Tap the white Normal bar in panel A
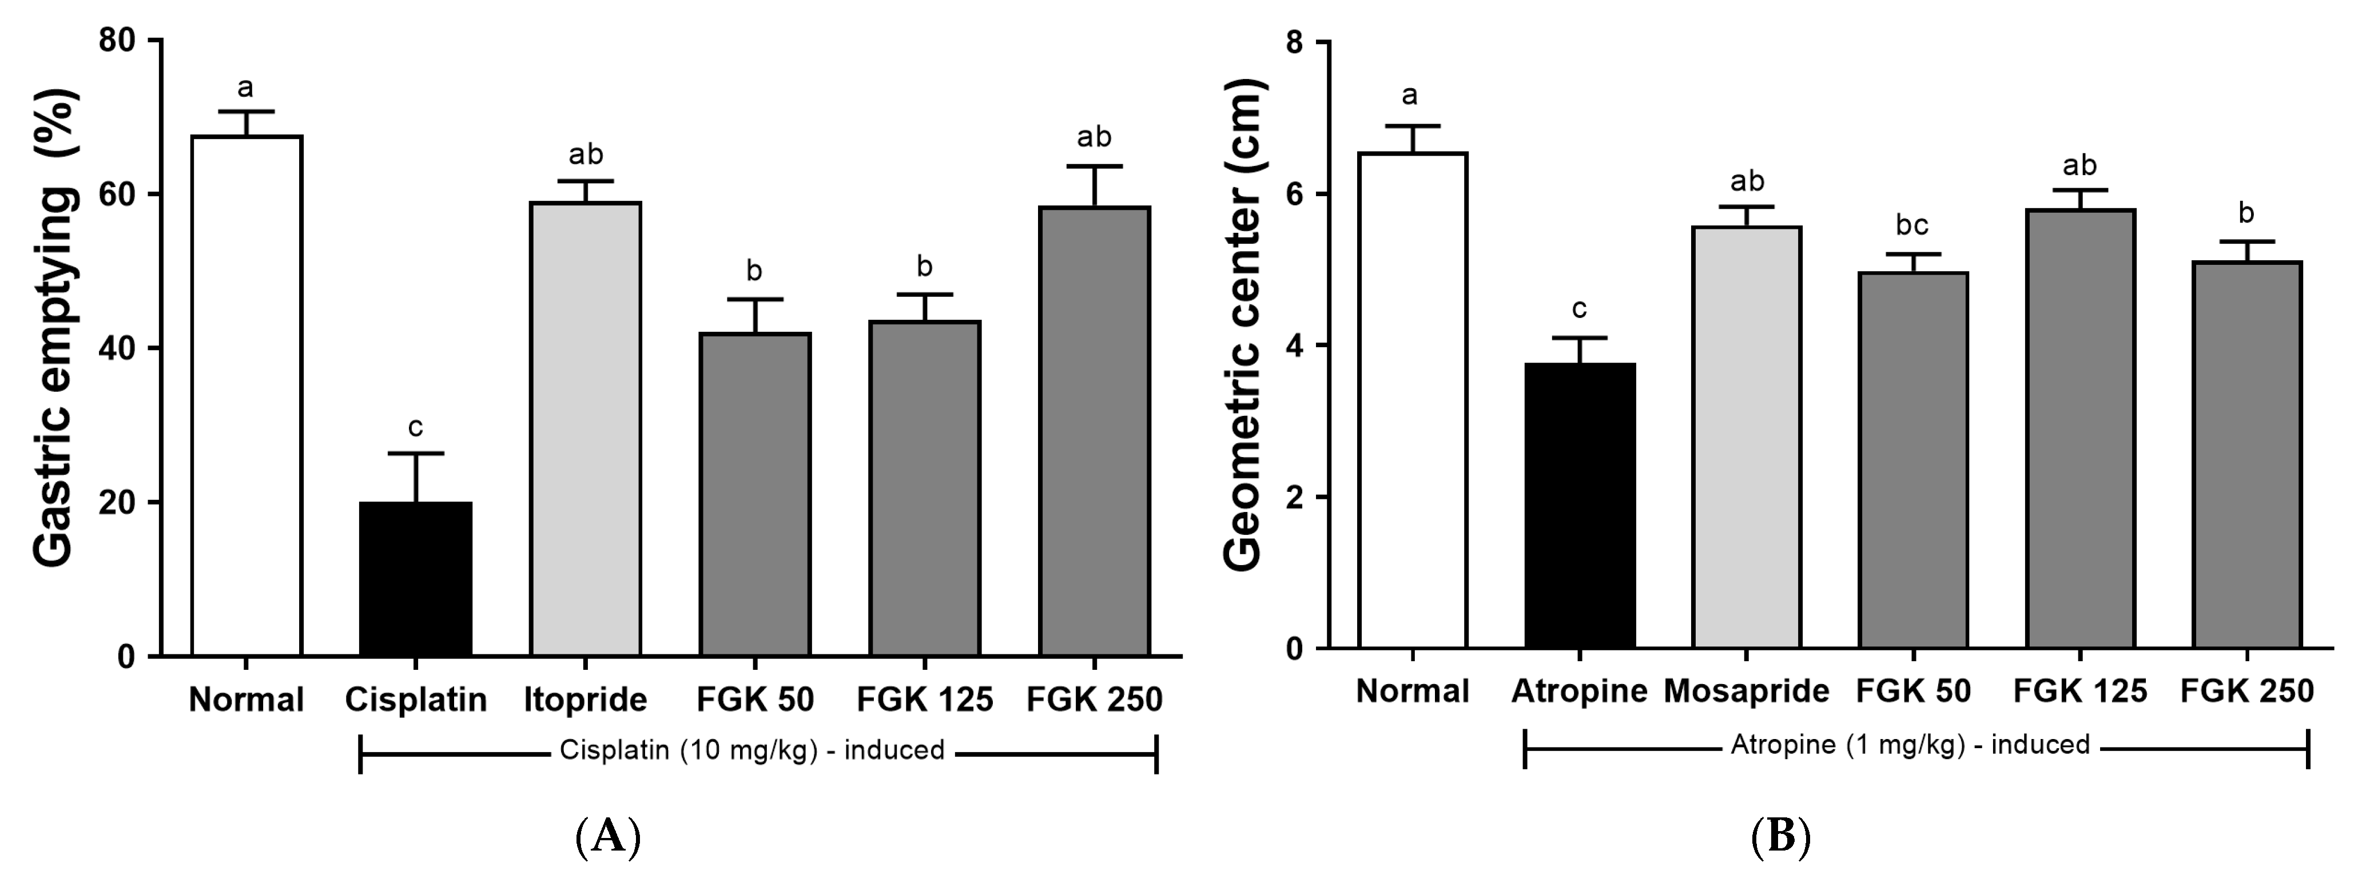(x=246, y=395)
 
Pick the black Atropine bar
(x=1579, y=506)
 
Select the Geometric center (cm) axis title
(x=1244, y=326)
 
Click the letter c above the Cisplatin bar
(x=415, y=427)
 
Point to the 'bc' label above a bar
(x=1912, y=225)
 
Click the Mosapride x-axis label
(x=1746, y=691)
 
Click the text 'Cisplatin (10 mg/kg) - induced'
(x=751, y=751)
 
